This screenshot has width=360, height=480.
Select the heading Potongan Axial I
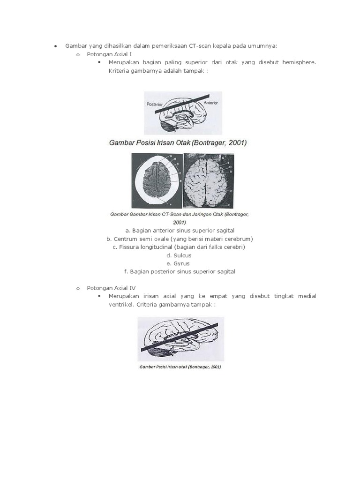point(109,54)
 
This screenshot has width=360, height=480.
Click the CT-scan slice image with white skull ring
point(157,180)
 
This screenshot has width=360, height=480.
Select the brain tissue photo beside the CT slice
point(208,180)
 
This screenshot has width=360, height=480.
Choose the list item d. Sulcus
point(179,255)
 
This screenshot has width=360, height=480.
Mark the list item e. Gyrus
point(179,263)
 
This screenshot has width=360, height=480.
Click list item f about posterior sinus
point(179,271)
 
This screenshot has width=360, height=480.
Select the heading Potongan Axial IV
point(111,288)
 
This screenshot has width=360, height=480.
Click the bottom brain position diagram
point(180,339)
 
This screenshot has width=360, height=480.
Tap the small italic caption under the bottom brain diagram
point(180,367)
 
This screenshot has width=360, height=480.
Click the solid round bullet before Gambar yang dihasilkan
point(55,46)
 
